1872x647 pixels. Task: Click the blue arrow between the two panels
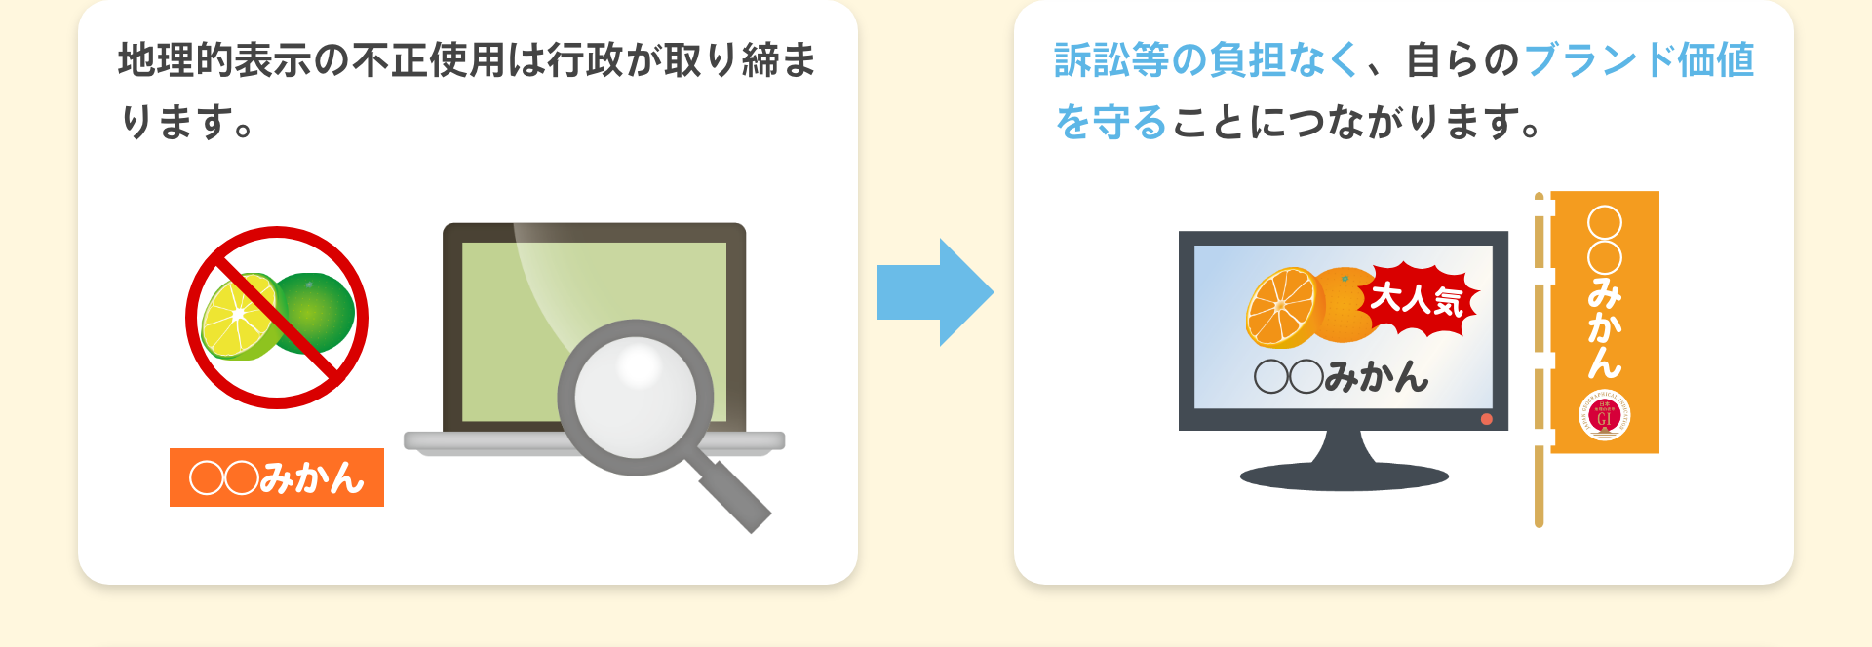[933, 292]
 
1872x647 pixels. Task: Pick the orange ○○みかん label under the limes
[277, 477]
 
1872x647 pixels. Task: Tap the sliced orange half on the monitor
[1282, 307]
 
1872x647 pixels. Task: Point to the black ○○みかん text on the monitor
[1341, 376]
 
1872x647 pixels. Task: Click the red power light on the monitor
[1486, 419]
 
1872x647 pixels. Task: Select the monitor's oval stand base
[1344, 476]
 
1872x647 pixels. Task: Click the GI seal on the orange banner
[1604, 416]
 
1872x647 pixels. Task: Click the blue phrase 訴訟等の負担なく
[1206, 60]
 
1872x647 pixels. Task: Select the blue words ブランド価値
[1639, 60]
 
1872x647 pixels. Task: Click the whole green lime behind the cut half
[317, 310]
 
